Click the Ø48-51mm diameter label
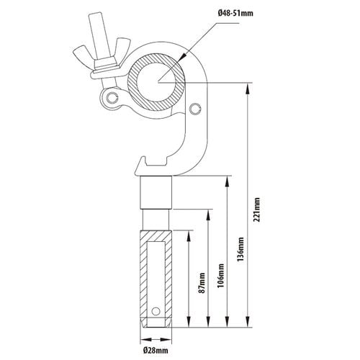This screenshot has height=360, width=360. (235, 13)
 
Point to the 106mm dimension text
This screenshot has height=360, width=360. (221, 276)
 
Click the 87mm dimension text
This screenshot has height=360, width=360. (202, 283)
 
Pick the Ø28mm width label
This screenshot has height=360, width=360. (156, 351)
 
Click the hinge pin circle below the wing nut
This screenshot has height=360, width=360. (112, 98)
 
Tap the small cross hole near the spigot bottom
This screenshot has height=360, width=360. (156, 311)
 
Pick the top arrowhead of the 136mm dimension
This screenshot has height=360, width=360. (227, 181)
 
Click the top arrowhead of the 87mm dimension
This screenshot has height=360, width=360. (189, 237)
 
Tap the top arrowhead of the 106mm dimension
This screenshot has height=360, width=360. (208, 215)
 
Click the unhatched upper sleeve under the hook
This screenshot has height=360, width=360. (156, 193)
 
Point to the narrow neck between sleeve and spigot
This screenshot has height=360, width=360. (156, 220)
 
